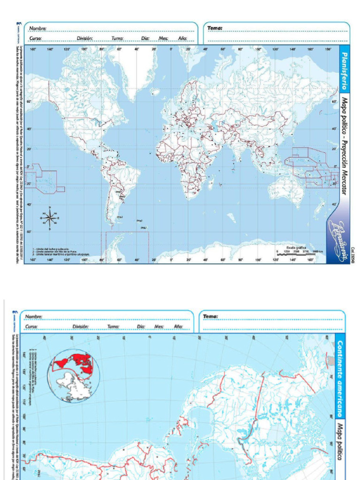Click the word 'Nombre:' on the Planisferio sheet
[38, 29]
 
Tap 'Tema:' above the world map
[215, 28]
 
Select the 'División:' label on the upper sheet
[85, 38]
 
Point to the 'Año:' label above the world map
[182, 38]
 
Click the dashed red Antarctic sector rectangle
[127, 247]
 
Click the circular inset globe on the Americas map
[73, 376]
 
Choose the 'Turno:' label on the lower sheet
[112, 327]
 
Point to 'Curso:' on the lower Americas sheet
[32, 327]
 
